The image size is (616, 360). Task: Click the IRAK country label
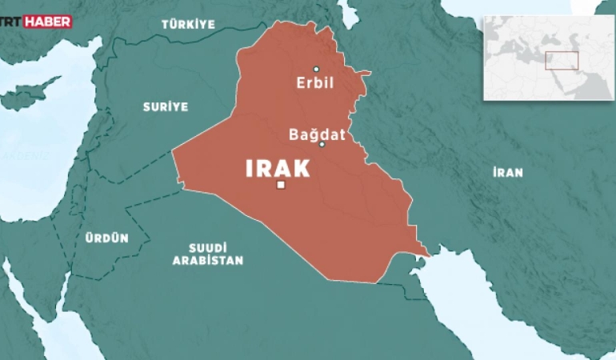click(277, 168)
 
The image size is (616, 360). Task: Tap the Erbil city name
click(315, 82)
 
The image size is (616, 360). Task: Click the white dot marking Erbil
click(316, 69)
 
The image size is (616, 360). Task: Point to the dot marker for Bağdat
click(322, 145)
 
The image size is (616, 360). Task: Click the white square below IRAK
click(281, 186)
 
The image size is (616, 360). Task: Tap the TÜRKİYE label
click(188, 25)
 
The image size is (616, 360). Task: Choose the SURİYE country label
click(166, 106)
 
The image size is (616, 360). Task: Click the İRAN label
click(507, 172)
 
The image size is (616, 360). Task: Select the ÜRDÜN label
click(106, 238)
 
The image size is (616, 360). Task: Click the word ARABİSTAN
click(206, 261)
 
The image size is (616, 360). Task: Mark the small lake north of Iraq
click(347, 12)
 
